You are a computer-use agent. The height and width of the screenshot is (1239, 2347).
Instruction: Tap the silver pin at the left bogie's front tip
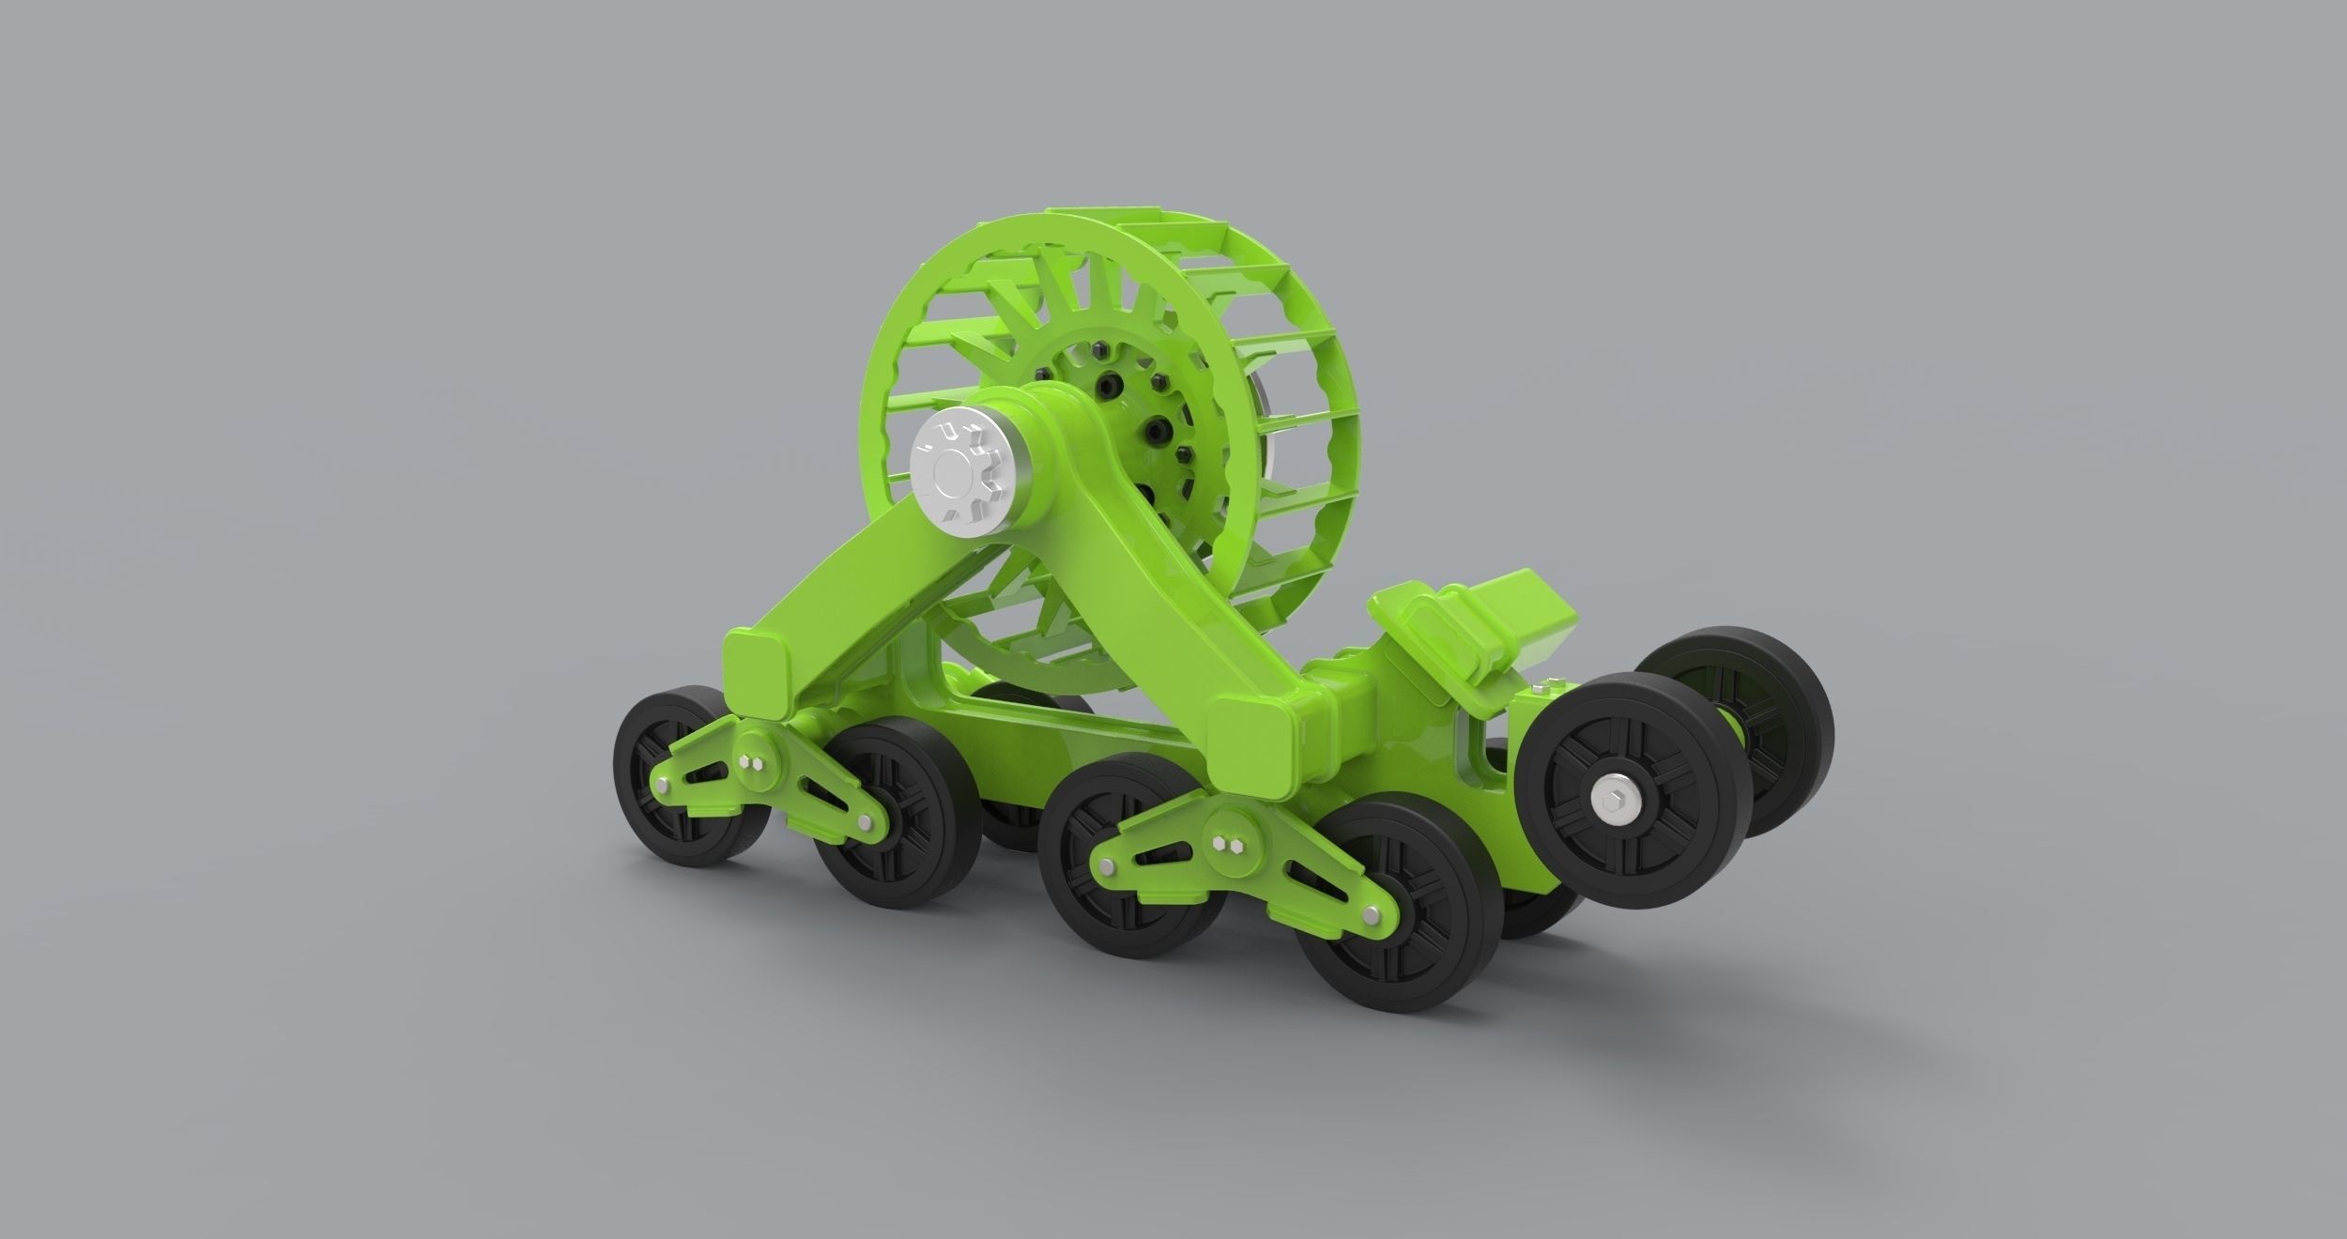(663, 782)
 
